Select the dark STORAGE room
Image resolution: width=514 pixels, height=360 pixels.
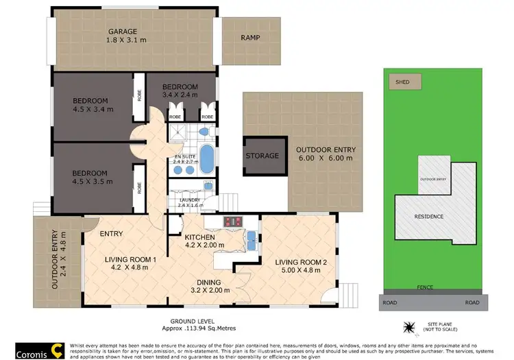262,156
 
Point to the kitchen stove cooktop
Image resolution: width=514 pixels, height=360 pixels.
232,221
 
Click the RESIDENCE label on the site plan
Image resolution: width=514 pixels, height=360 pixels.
430,217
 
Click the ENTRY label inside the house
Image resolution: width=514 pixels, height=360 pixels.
111,234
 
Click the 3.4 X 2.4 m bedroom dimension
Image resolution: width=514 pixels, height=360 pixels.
179,95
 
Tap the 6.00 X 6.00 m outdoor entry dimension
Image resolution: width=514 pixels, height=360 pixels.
323,158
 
